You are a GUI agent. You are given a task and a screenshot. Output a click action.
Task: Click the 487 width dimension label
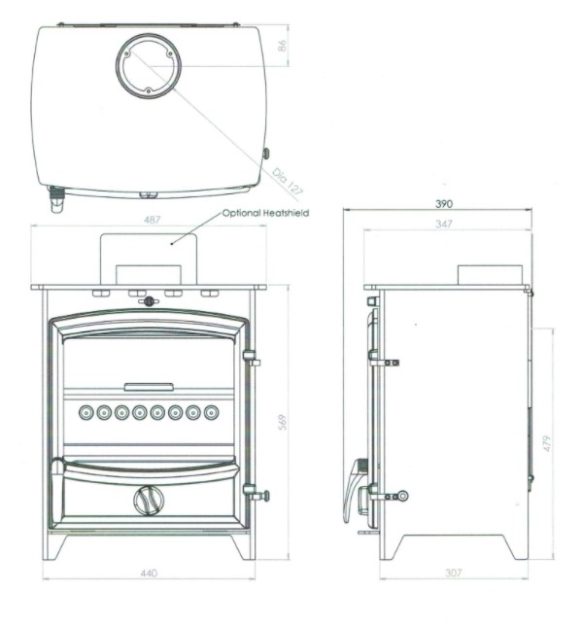click(x=153, y=220)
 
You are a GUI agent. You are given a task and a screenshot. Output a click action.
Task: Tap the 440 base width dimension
click(x=149, y=573)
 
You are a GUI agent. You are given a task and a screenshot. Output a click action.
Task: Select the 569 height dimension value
click(x=283, y=422)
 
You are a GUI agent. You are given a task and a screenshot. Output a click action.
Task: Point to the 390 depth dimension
click(x=444, y=204)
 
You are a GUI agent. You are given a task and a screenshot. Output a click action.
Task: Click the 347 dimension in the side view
click(x=444, y=224)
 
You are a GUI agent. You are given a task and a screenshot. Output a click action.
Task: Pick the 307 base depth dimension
click(x=454, y=572)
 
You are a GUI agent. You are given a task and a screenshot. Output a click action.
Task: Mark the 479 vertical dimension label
click(x=547, y=443)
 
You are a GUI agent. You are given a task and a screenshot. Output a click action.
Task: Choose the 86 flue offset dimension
click(x=282, y=46)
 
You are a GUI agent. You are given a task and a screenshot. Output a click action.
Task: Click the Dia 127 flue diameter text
click(x=288, y=183)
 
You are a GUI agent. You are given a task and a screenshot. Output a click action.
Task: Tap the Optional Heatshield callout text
click(x=265, y=213)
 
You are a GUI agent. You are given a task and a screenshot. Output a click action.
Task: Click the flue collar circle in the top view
click(x=149, y=34)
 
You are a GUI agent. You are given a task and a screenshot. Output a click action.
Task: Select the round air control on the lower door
click(x=149, y=501)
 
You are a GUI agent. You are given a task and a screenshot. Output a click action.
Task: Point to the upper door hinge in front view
click(x=252, y=358)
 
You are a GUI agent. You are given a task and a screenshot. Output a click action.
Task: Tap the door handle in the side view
click(x=353, y=491)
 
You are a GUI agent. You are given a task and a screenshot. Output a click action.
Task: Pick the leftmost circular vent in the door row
click(x=86, y=412)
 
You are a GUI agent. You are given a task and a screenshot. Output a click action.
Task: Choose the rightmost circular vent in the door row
click(x=211, y=412)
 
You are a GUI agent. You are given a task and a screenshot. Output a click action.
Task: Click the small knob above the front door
click(x=149, y=301)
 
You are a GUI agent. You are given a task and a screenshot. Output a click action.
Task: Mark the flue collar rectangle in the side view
click(x=490, y=275)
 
